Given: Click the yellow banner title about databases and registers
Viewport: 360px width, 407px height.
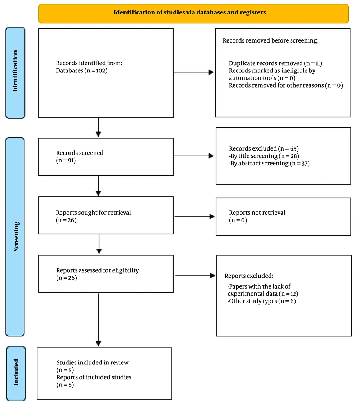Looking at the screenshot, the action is click(x=190, y=12).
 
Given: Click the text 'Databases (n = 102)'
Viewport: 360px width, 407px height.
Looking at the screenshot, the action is click(x=82, y=71).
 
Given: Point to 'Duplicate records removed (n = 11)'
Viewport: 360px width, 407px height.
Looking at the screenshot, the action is click(x=275, y=63).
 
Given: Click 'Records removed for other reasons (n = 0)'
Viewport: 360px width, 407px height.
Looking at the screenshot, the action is click(x=286, y=85).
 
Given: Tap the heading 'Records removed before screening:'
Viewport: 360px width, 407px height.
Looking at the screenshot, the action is click(x=270, y=40).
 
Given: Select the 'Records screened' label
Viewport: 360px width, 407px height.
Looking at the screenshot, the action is click(x=80, y=153).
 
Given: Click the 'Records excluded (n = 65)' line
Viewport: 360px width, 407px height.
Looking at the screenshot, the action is click(x=264, y=149).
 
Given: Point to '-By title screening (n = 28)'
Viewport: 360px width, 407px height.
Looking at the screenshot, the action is click(x=264, y=156).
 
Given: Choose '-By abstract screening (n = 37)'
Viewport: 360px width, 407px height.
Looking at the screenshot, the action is click(x=269, y=163).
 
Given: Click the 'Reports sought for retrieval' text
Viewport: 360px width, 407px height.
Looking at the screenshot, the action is click(x=93, y=213).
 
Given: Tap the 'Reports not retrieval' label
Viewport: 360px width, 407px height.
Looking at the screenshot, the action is click(x=257, y=213).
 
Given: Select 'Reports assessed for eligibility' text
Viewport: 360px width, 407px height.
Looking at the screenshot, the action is click(x=98, y=270).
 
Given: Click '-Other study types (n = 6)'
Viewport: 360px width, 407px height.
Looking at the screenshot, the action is click(x=262, y=301).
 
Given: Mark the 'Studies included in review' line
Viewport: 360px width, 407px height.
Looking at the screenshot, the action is click(x=93, y=363).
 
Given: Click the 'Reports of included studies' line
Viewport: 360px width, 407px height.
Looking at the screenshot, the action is click(x=94, y=377).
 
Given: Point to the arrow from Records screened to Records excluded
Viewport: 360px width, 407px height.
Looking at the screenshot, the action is click(x=194, y=156).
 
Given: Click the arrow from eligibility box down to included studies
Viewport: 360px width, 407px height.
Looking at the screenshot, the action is click(x=98, y=319).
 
